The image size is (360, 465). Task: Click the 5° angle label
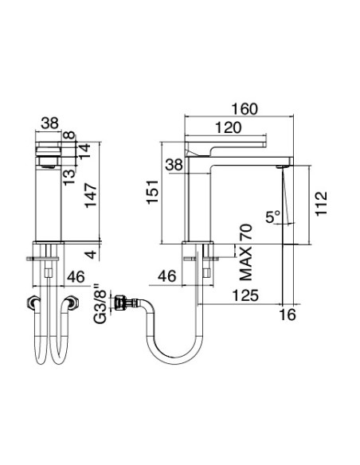273,216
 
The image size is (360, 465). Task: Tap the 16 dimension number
288,315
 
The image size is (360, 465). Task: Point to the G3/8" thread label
99,303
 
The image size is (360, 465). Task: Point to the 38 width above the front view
49,123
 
